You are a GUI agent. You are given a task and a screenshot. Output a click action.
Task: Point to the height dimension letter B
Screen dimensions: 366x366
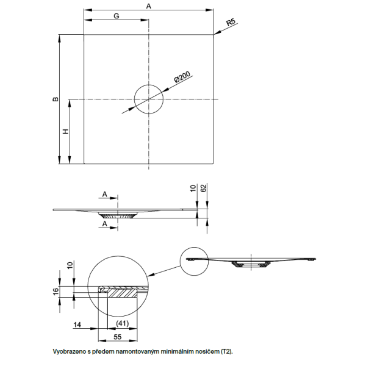point(54,99)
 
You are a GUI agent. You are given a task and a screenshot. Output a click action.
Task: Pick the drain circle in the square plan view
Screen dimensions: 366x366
point(149,99)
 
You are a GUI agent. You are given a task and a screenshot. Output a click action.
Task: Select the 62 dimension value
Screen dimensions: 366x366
point(203,189)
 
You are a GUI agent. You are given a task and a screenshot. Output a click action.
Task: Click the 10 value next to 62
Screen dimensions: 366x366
point(193,189)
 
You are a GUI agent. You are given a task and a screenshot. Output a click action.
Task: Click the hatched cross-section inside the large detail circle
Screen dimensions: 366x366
point(125,292)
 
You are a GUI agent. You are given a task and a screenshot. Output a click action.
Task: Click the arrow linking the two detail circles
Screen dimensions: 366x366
point(165,273)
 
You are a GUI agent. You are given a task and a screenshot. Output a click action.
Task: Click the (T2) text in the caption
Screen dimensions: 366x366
point(225,352)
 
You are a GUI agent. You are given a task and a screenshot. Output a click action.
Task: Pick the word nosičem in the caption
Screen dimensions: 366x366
point(204,352)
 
